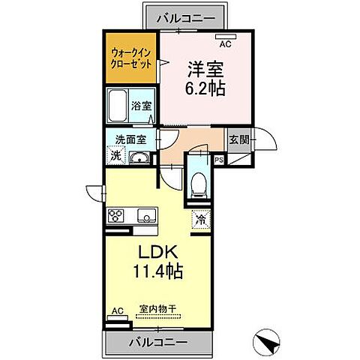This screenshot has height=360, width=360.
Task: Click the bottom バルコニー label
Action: click(158, 343)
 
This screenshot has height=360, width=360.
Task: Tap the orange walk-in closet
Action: click(131, 59)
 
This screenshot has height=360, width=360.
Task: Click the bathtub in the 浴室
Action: click(119, 107)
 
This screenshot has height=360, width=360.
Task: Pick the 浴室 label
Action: click(142, 106)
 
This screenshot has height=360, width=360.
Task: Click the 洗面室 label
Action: click(125, 139)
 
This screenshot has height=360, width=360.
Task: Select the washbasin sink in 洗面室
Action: click(139, 157)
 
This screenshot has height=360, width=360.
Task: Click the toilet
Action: click(198, 182)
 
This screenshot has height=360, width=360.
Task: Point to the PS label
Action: click(220, 160)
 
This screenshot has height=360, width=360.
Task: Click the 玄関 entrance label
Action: click(239, 139)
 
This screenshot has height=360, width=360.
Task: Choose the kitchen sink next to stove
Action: click(145, 217)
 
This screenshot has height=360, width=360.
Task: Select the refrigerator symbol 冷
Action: click(201, 220)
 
